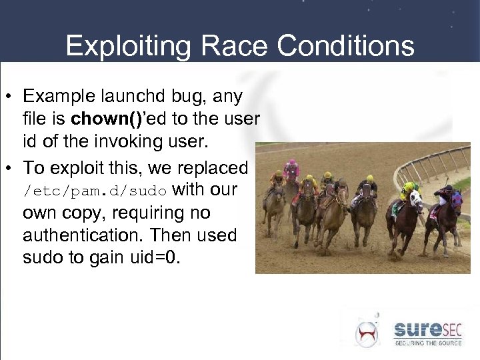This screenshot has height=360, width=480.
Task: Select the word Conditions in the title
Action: coord(346,46)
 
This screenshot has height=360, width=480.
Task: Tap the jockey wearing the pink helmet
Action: coord(291,170)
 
